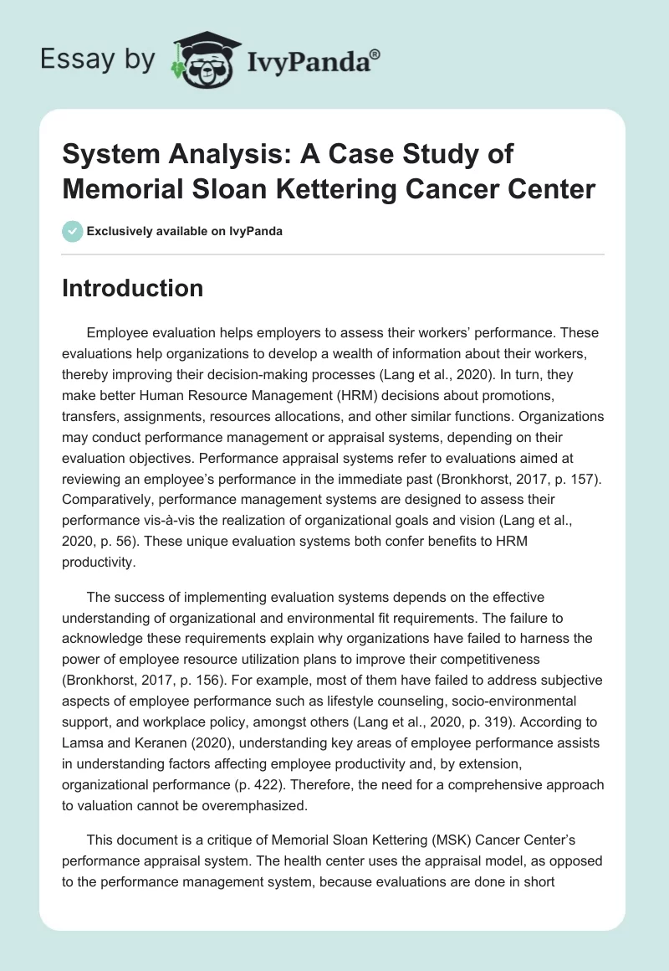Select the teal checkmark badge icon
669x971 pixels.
tap(72, 231)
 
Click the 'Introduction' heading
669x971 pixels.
tap(133, 288)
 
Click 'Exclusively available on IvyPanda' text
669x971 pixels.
tap(184, 232)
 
